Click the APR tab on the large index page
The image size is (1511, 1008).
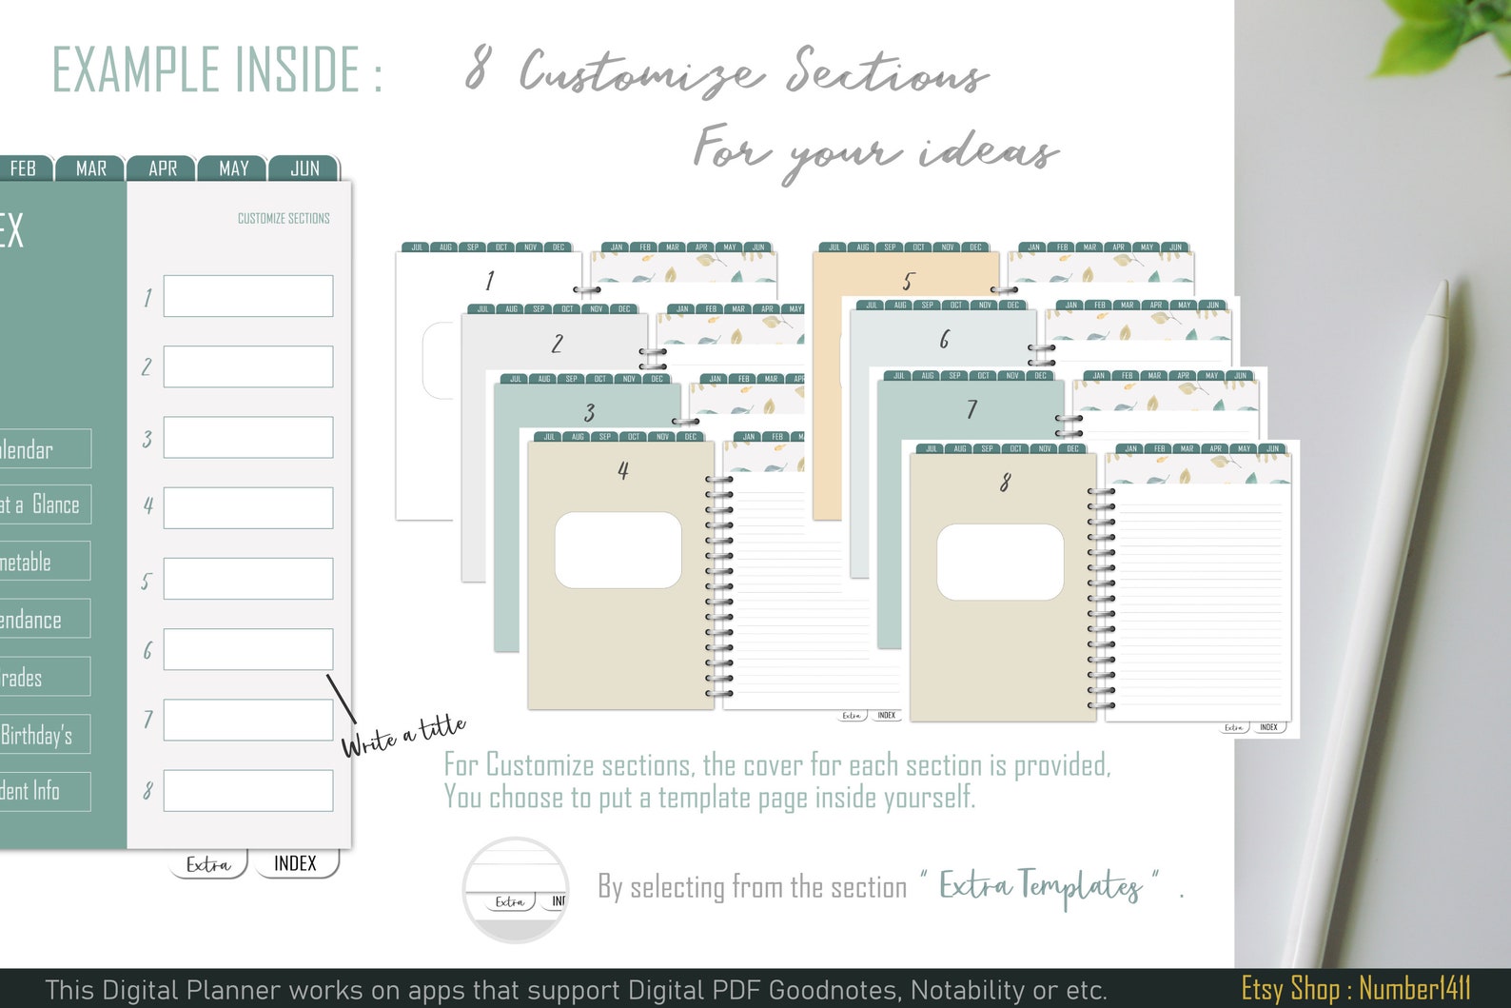click(x=163, y=168)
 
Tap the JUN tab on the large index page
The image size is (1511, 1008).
click(x=304, y=168)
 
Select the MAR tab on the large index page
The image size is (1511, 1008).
click(x=91, y=168)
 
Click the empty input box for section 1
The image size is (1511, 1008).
click(x=247, y=296)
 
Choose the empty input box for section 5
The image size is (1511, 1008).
click(x=247, y=579)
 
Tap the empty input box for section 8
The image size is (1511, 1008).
click(x=247, y=791)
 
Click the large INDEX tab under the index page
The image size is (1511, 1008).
click(x=296, y=863)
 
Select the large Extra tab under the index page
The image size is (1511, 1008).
click(x=208, y=864)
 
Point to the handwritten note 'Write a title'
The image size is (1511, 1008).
click(x=403, y=736)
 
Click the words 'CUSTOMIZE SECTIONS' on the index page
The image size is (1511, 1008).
click(x=284, y=219)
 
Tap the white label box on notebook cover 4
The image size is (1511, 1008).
click(x=618, y=550)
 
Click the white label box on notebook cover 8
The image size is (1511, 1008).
click(x=1000, y=562)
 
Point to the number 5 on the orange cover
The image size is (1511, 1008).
click(x=907, y=282)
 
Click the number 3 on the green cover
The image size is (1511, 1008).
click(x=589, y=413)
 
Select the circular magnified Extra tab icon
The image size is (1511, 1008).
click(x=516, y=890)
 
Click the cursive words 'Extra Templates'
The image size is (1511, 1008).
click(x=1040, y=886)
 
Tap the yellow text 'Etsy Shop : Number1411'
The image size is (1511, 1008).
click(x=1356, y=989)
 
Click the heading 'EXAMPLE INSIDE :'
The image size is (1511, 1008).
click(x=217, y=69)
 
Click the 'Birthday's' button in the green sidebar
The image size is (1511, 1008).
click(x=38, y=735)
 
